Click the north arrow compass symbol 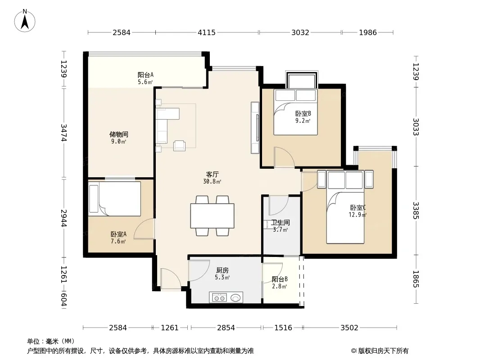point(25,20)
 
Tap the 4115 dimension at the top point(207,32)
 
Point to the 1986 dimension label point(367,32)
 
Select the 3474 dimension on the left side point(63,132)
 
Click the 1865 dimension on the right point(416,279)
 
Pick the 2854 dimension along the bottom point(226,328)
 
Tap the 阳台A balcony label point(145,75)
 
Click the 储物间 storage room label point(119,134)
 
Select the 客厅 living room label point(212,174)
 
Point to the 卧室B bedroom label point(303,113)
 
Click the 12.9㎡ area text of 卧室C point(358,215)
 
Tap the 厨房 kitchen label point(222,270)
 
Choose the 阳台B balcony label point(280,279)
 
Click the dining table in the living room point(212,216)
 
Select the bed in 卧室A point(114,199)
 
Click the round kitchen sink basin point(235,297)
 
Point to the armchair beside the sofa point(179,146)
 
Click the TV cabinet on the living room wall point(255,127)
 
